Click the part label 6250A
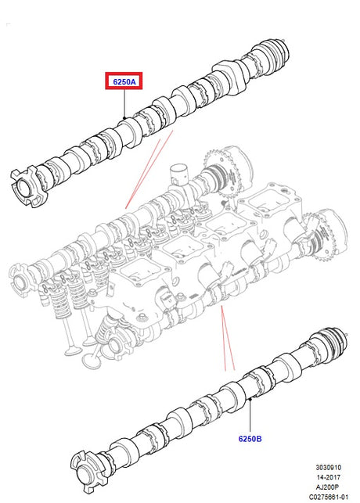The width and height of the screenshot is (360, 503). pyautogui.click(x=124, y=82)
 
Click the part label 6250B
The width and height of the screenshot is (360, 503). pyautogui.click(x=250, y=439)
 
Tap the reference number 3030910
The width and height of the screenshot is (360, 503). pyautogui.click(x=328, y=467)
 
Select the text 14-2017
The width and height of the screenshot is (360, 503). pyautogui.click(x=328, y=477)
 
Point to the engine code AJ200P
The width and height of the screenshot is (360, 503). pyautogui.click(x=328, y=487)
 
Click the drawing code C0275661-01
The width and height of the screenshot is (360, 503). pyautogui.click(x=328, y=497)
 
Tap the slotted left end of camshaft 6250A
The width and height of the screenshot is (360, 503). pyautogui.click(x=28, y=186)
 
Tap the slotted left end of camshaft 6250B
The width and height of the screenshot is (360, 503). pyautogui.click(x=88, y=472)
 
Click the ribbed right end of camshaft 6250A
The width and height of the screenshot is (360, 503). pyautogui.click(x=275, y=53)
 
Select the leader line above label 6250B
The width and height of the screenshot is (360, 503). pyautogui.click(x=250, y=415)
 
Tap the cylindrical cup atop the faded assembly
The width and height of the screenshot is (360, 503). pyautogui.click(x=179, y=174)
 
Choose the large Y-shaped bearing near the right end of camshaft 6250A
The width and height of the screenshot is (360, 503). pyautogui.click(x=231, y=75)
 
